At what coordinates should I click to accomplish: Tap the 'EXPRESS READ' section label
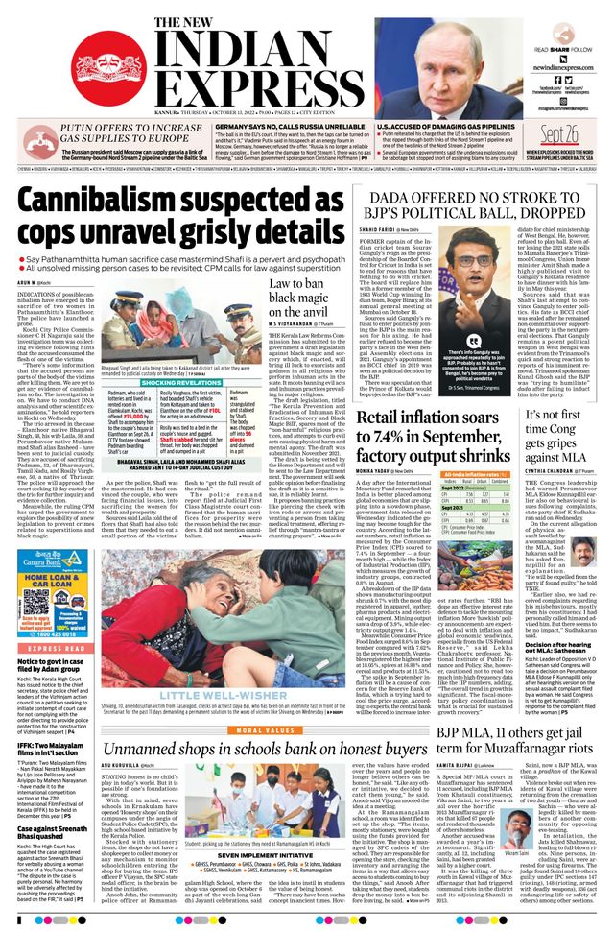[x=43, y=621]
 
